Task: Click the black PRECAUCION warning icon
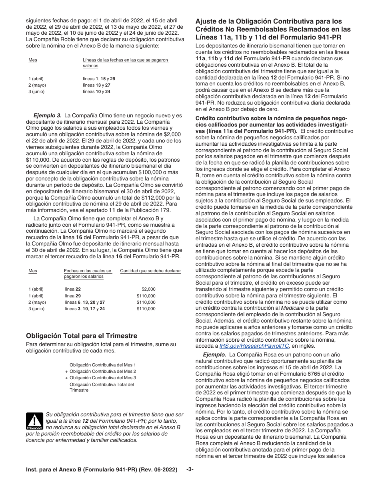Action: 34,421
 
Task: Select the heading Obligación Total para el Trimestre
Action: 82,336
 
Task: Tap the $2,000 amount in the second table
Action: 148,289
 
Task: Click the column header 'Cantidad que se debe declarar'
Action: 150,271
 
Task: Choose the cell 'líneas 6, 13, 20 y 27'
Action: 84,302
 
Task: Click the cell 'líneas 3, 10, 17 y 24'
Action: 84,309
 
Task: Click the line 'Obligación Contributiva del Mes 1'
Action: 102,365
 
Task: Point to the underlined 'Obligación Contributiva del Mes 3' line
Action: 102,378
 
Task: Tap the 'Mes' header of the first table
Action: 33,60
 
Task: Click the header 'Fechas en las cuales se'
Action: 88,271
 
